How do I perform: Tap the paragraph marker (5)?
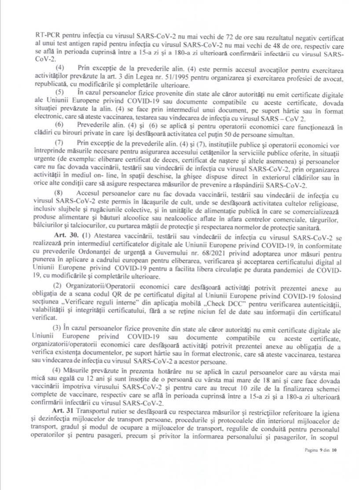click(x=59, y=91)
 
